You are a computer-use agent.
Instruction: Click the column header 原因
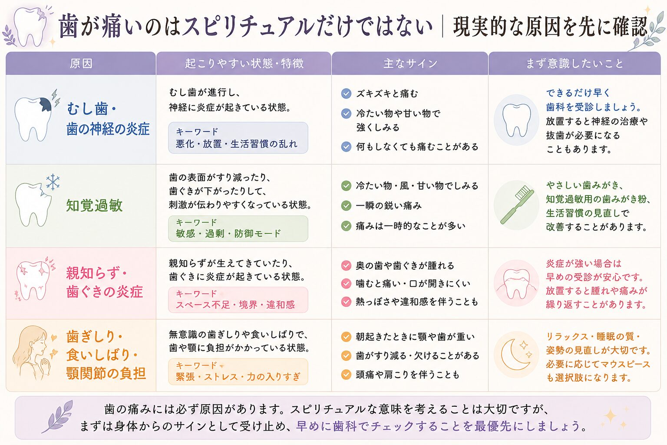81,63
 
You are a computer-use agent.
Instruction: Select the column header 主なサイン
410,63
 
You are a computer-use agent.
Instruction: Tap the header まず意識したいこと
575,63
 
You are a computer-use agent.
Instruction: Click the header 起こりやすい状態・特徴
244,63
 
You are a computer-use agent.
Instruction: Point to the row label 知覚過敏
94,206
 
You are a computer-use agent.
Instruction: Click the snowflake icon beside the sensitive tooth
53,182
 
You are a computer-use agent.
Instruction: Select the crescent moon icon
515,355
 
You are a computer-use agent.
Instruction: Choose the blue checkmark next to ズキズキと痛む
346,93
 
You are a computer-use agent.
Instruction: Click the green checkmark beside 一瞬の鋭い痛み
346,206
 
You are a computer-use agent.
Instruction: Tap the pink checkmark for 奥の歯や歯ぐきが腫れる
346,265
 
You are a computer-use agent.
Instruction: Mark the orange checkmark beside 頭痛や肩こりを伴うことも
346,375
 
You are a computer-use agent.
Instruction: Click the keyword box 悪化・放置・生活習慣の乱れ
238,138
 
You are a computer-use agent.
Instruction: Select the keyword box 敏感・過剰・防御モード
238,229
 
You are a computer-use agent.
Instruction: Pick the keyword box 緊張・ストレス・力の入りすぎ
238,372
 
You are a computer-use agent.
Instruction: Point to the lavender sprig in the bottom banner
57,417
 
